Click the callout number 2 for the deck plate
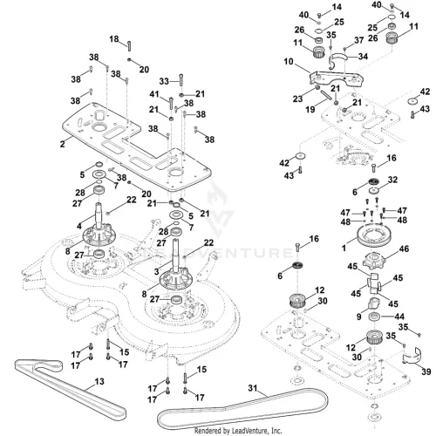pyautogui.click(x=63, y=144)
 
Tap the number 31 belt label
pyautogui.click(x=253, y=388)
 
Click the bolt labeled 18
pyautogui.click(x=129, y=45)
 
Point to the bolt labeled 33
pyautogui.click(x=181, y=79)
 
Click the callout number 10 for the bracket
pyautogui.click(x=289, y=62)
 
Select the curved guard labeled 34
pyautogui.click(x=337, y=60)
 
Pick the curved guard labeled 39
pyautogui.click(x=412, y=356)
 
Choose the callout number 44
pyautogui.click(x=399, y=317)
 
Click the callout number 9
pyautogui.click(x=359, y=317)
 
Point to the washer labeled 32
pyautogui.click(x=374, y=191)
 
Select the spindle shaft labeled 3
pyautogui.click(x=176, y=255)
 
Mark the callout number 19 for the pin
pyautogui.click(x=310, y=109)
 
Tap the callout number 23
pyautogui.click(x=297, y=99)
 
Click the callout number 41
pyautogui.click(x=154, y=94)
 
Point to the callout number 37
pyautogui.click(x=359, y=40)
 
